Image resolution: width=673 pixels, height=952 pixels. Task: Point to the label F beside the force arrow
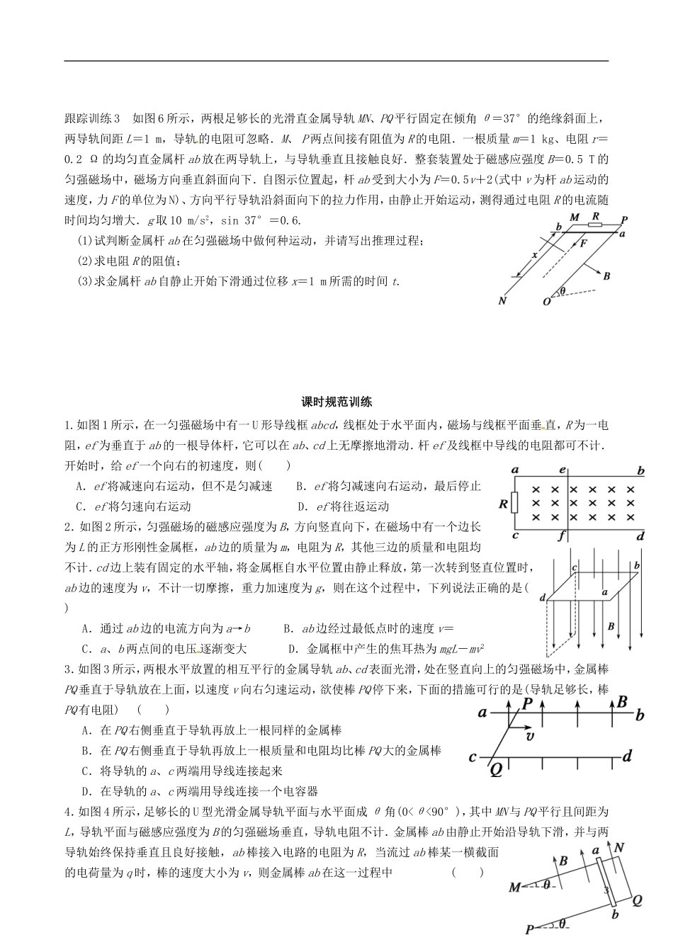[x=584, y=243]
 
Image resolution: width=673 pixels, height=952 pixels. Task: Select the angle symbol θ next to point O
[x=563, y=291]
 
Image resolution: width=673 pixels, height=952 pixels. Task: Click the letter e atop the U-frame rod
[x=562, y=470]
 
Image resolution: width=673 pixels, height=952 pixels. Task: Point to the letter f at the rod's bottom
[x=560, y=536]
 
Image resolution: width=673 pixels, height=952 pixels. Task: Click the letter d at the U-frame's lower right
[x=640, y=537]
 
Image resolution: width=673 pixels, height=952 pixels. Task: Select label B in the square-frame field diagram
[x=611, y=626]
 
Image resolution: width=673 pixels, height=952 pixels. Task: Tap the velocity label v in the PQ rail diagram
[x=528, y=737]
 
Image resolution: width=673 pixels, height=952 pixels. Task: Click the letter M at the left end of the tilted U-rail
[x=515, y=887]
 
